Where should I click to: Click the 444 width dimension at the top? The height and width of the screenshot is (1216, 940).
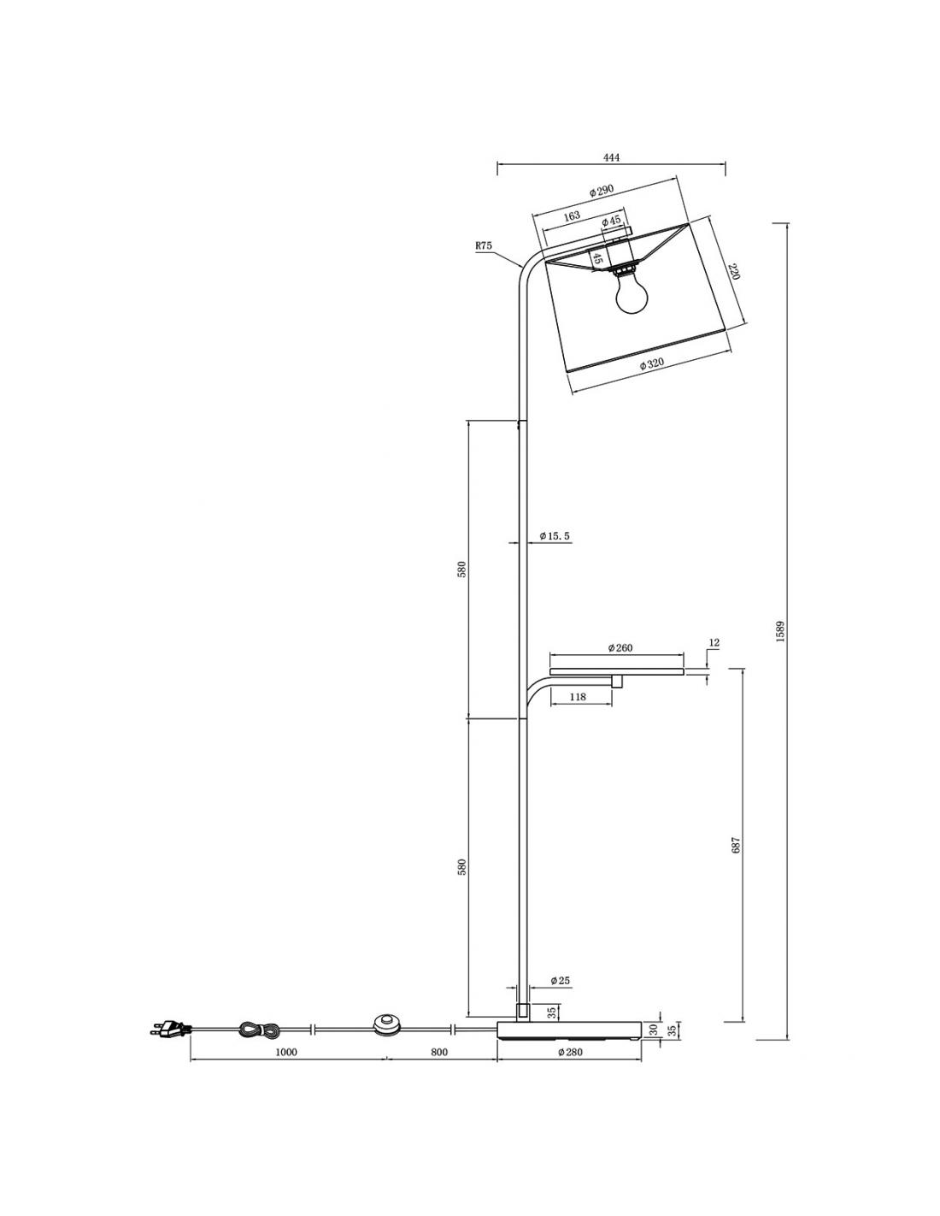click(x=611, y=157)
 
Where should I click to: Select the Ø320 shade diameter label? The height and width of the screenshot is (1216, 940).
click(x=651, y=363)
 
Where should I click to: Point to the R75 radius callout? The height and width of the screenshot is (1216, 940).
click(x=483, y=245)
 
